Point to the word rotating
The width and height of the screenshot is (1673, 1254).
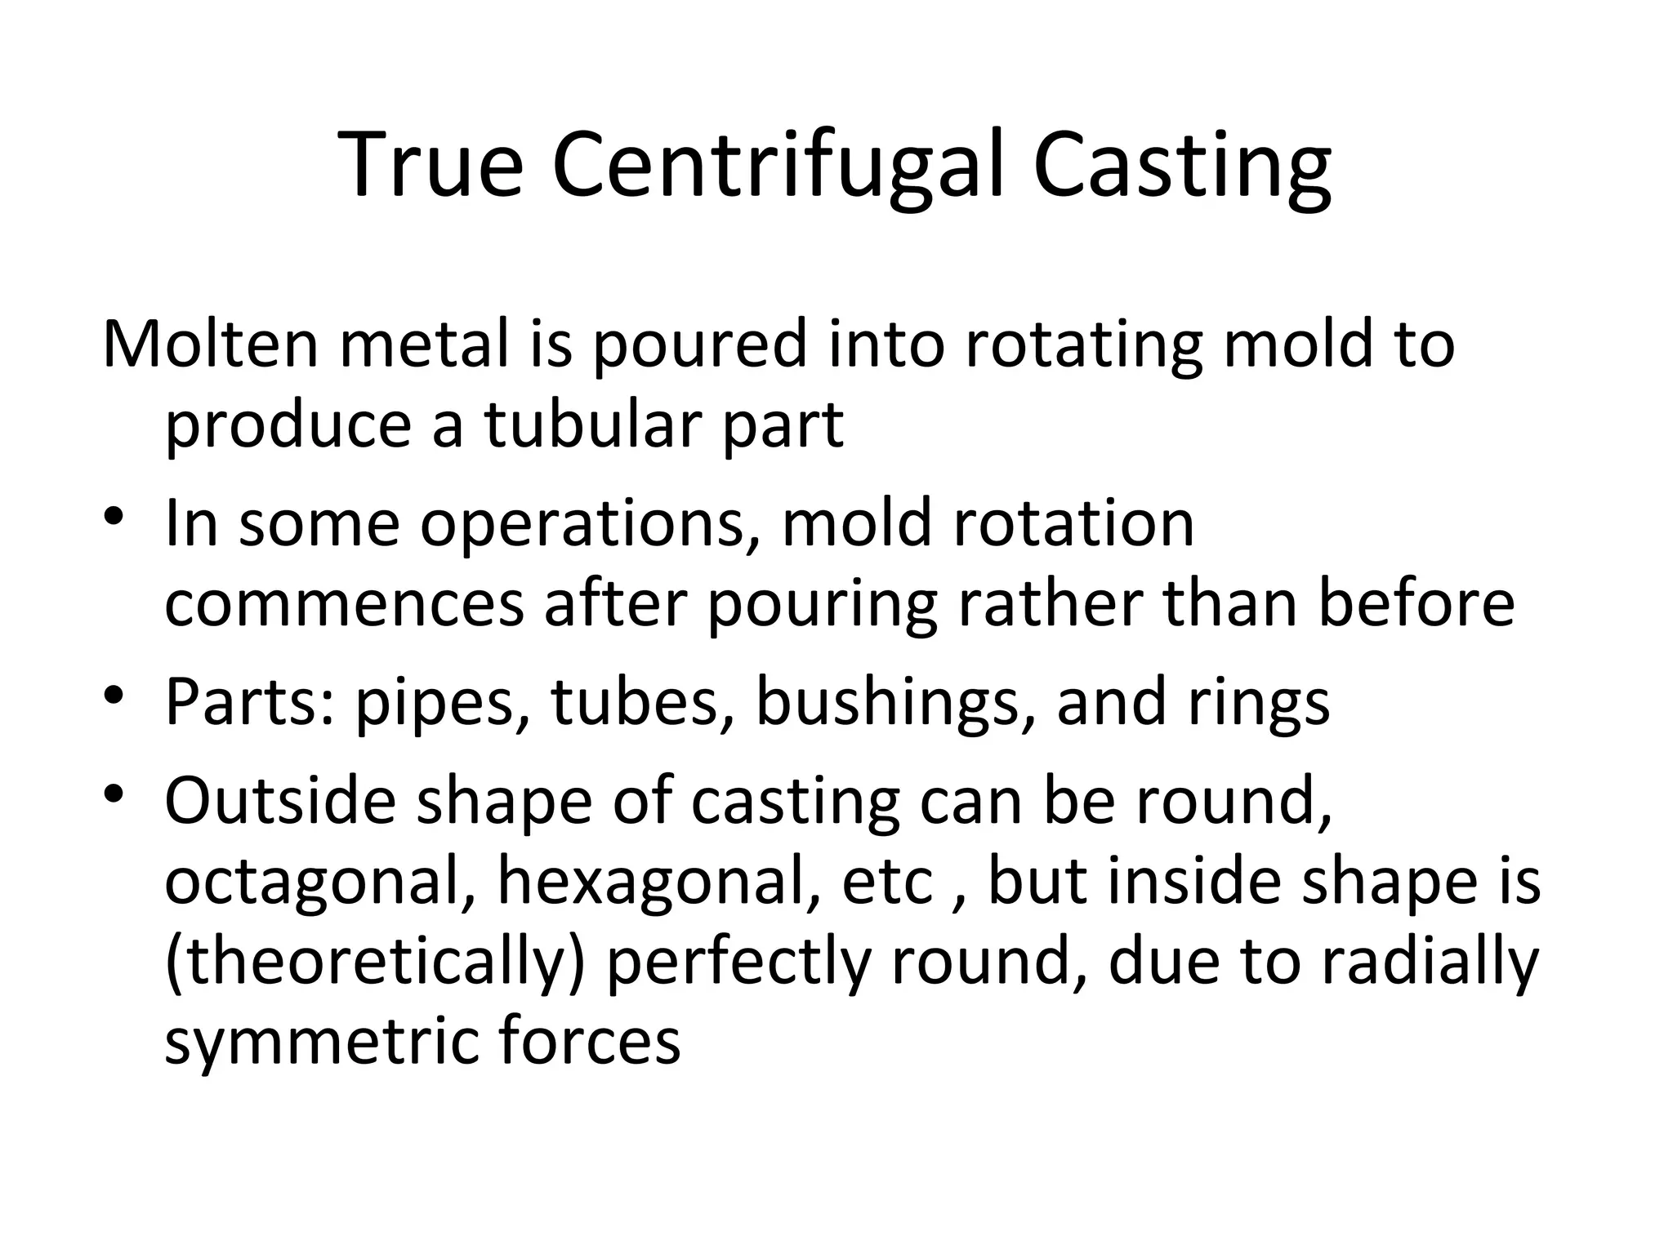coord(1083,344)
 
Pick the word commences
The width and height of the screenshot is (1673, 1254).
coord(344,604)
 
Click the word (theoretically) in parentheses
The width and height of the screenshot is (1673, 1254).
coord(376,963)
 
